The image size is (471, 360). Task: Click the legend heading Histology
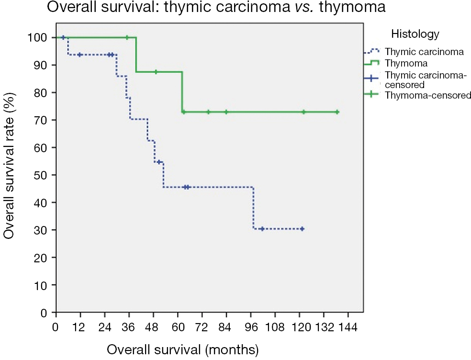click(415, 34)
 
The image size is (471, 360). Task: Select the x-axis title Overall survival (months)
click(183, 349)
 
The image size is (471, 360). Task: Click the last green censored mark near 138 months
click(337, 112)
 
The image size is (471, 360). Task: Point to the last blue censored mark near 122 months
click(302, 229)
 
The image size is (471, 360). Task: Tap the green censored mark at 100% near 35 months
click(127, 37)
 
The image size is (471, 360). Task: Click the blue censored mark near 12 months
click(80, 55)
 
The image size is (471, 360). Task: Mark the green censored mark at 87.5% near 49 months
click(156, 72)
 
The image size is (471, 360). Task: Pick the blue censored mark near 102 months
click(262, 229)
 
